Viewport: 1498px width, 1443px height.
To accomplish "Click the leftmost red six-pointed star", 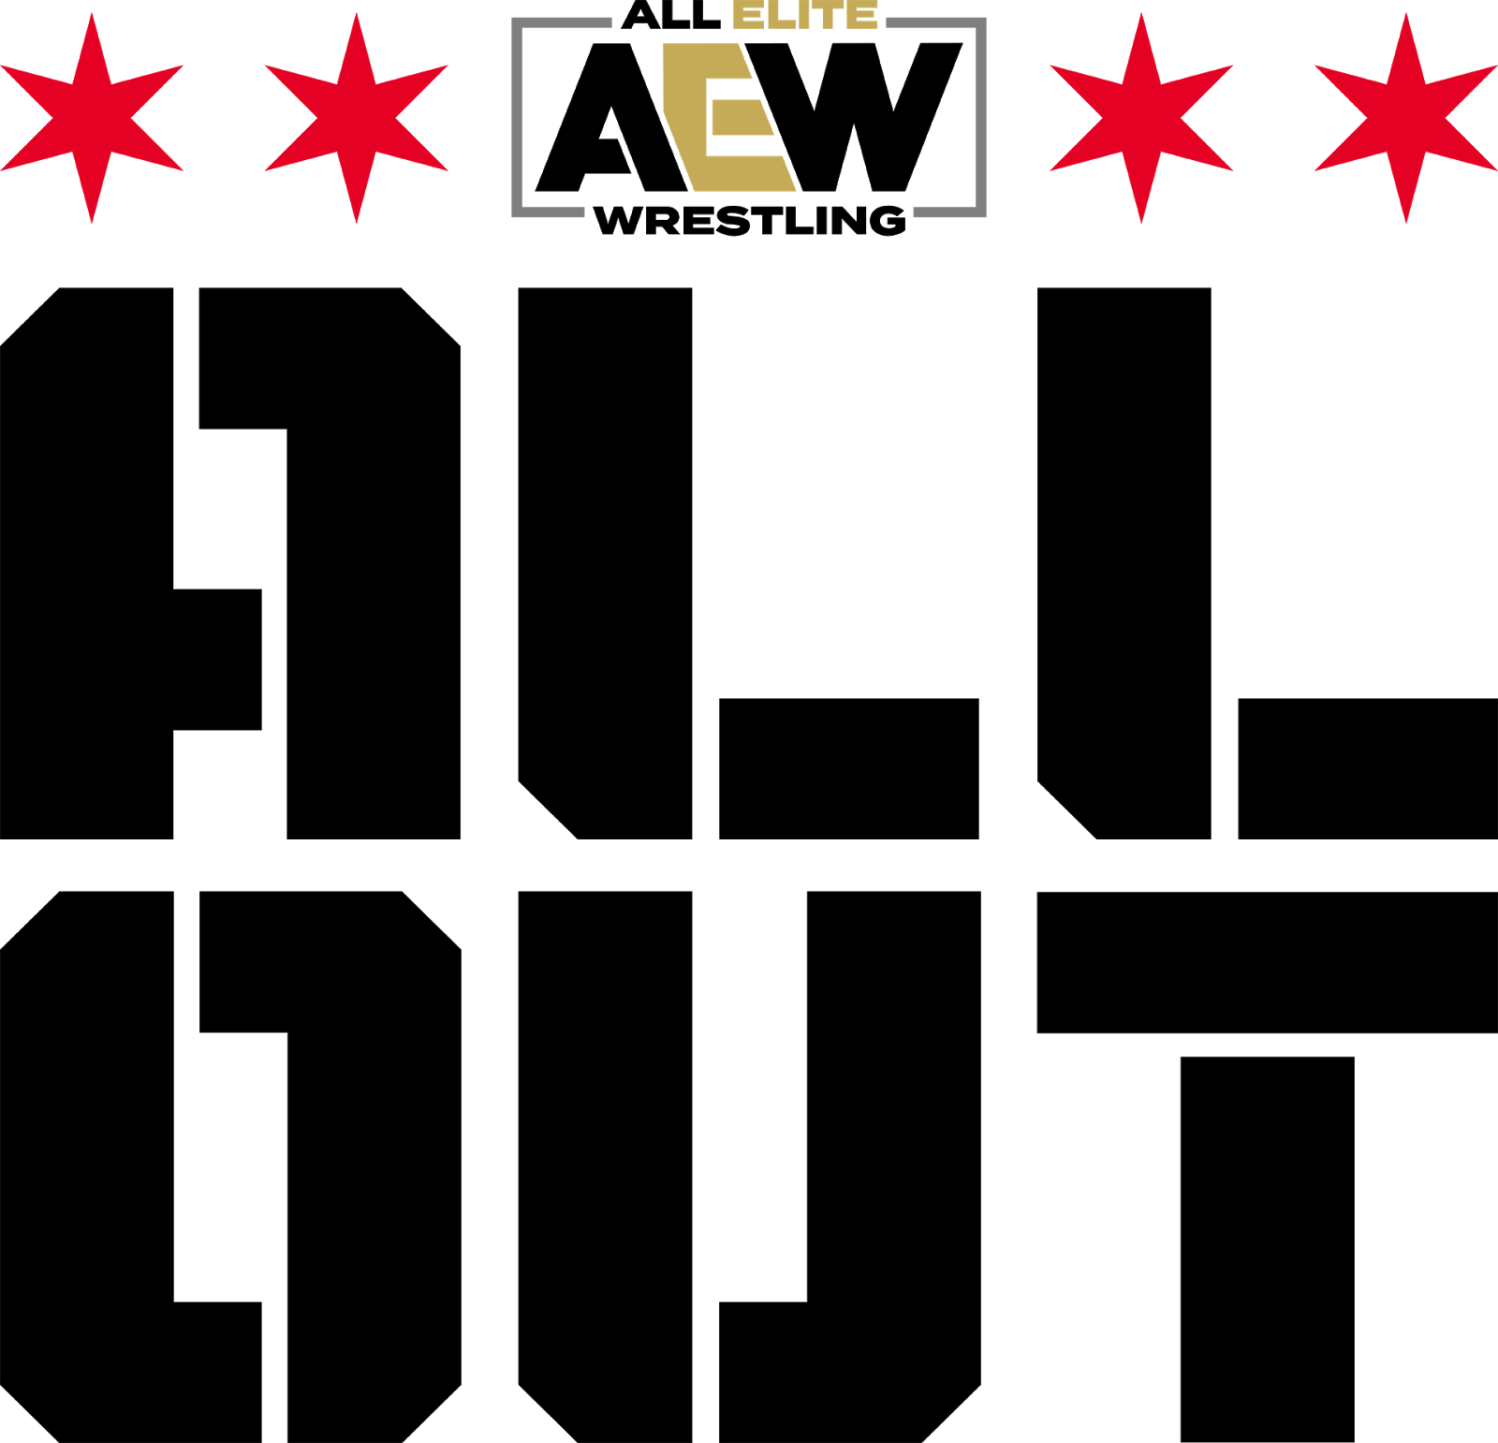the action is [92, 118].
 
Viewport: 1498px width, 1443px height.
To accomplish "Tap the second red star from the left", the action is [357, 118].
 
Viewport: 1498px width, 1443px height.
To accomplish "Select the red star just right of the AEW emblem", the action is [1141, 118].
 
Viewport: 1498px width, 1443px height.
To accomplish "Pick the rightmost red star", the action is [1406, 118].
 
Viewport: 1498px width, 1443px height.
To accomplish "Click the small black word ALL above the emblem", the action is [670, 14].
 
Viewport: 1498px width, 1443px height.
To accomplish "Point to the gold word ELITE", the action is [804, 14].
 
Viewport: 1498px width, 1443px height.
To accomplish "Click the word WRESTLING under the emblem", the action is [749, 221].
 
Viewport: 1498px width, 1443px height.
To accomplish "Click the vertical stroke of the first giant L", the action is [605, 563].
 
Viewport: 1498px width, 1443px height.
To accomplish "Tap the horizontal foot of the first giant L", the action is [849, 768].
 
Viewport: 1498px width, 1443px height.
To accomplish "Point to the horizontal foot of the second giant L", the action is [1368, 768].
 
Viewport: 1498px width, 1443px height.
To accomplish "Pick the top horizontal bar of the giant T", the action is [1268, 962].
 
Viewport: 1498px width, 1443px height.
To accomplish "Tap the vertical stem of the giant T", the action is [1268, 1249].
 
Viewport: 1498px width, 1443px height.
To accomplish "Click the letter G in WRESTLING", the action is [888, 221].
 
